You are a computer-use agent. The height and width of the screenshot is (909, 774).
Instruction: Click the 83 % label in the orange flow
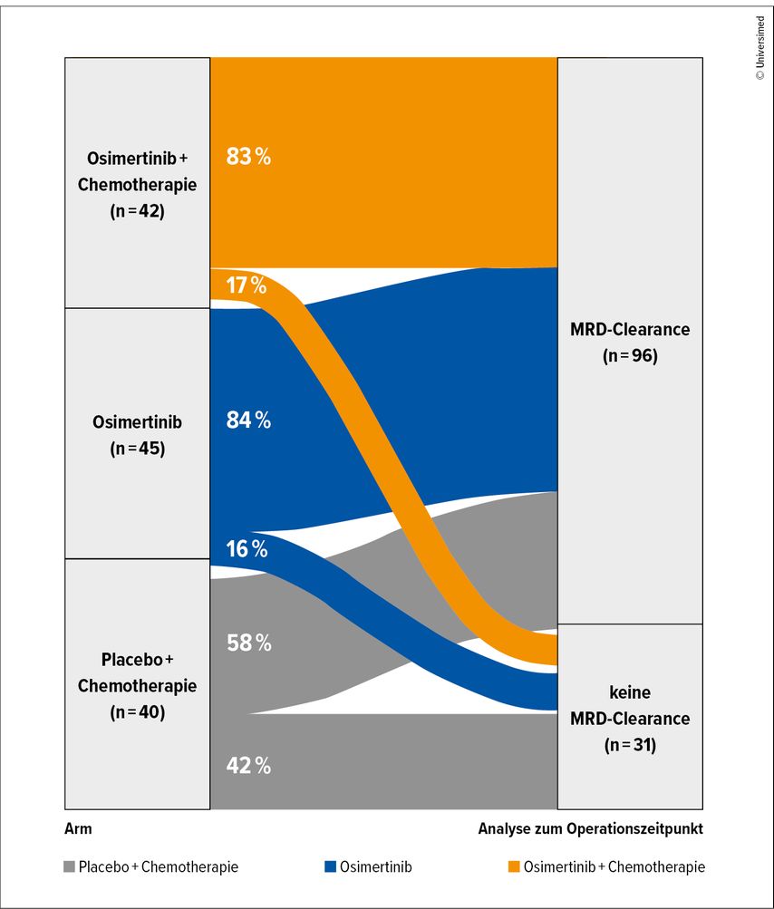coord(248,157)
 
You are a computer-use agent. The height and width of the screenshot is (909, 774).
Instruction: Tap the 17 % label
coord(247,285)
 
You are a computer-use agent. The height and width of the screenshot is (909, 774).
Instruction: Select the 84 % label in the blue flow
coord(248,420)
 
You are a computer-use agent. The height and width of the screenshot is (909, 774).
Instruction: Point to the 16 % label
coord(247,549)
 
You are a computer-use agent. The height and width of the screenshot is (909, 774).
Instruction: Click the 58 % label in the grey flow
coord(248,643)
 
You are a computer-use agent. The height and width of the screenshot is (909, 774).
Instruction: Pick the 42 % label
coord(248,766)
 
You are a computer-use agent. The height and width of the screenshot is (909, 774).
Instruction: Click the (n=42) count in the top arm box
coord(137,214)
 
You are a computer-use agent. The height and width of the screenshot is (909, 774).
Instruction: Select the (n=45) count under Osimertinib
coord(137,448)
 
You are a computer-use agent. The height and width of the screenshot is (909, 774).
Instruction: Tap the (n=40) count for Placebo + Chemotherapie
coord(137,712)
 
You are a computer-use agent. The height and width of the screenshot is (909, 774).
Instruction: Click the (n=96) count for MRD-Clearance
coord(629,356)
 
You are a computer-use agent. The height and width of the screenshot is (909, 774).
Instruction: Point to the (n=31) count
coord(629,746)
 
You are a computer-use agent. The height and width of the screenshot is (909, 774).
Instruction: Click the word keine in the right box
coord(629,692)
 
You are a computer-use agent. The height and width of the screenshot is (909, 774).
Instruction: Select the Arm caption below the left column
coord(78,828)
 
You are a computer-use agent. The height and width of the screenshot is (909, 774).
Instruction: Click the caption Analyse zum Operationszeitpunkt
coord(590,828)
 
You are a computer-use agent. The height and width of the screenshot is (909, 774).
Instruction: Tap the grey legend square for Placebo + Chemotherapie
coord(70,867)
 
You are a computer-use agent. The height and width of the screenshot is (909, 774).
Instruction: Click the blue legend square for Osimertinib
coord(330,867)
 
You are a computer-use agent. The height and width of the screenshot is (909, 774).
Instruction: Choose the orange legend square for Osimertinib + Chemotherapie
coord(513,867)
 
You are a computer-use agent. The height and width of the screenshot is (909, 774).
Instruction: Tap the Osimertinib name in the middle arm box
coord(137,422)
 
